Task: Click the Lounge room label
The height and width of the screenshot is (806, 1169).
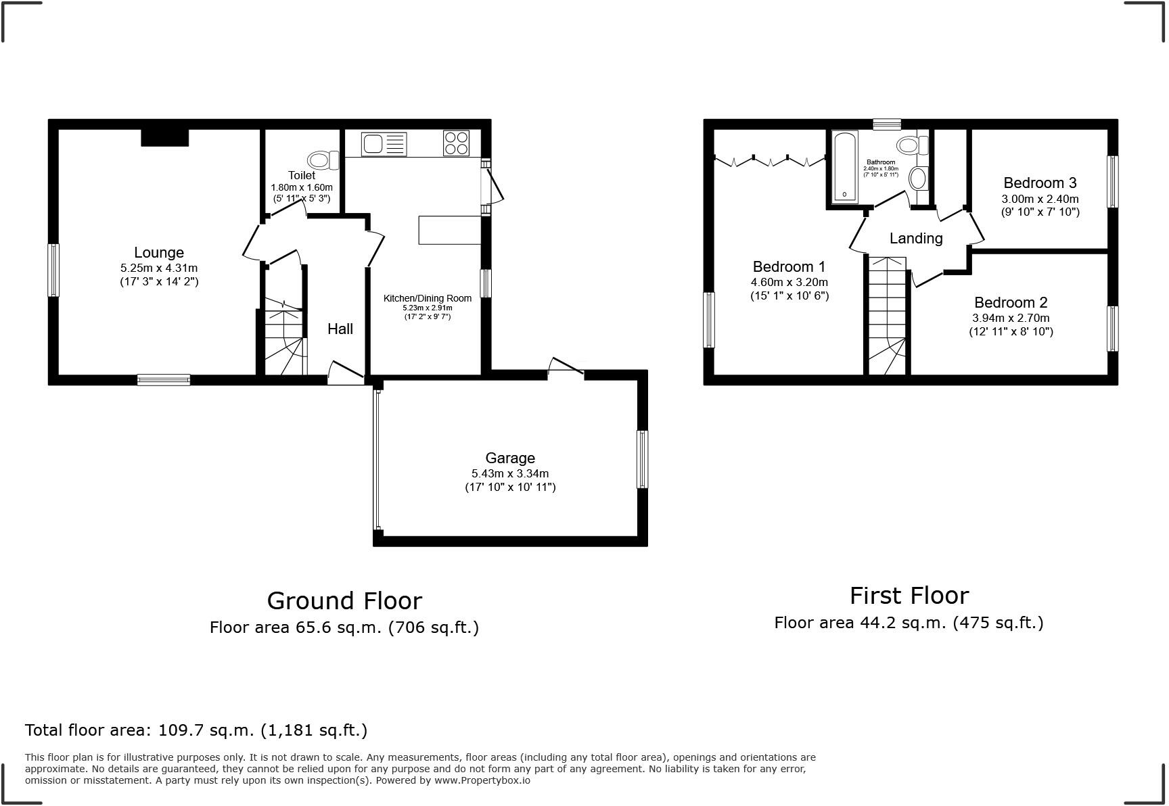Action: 159,253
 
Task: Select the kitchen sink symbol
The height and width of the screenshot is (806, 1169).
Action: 384,143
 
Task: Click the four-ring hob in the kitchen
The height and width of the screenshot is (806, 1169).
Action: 456,143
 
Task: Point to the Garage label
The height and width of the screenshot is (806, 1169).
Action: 510,458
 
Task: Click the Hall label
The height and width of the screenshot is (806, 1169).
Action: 340,329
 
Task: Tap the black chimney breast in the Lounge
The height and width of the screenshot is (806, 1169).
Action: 164,137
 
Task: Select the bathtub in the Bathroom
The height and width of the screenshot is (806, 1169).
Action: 845,166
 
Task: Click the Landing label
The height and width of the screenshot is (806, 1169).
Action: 916,239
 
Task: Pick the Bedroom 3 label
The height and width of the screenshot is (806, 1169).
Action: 1040,183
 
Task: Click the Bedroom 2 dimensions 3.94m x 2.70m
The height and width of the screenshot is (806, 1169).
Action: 1011,318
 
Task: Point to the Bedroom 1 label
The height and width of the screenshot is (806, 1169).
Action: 789,267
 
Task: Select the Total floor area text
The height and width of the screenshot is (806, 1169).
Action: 196,730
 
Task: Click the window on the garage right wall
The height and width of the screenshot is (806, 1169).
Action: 643,459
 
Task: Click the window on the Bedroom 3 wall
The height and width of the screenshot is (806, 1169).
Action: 1111,181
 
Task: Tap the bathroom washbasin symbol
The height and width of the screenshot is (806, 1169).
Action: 918,179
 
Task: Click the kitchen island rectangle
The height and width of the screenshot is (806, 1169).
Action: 450,230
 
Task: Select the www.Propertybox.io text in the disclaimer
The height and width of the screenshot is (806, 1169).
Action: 482,780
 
